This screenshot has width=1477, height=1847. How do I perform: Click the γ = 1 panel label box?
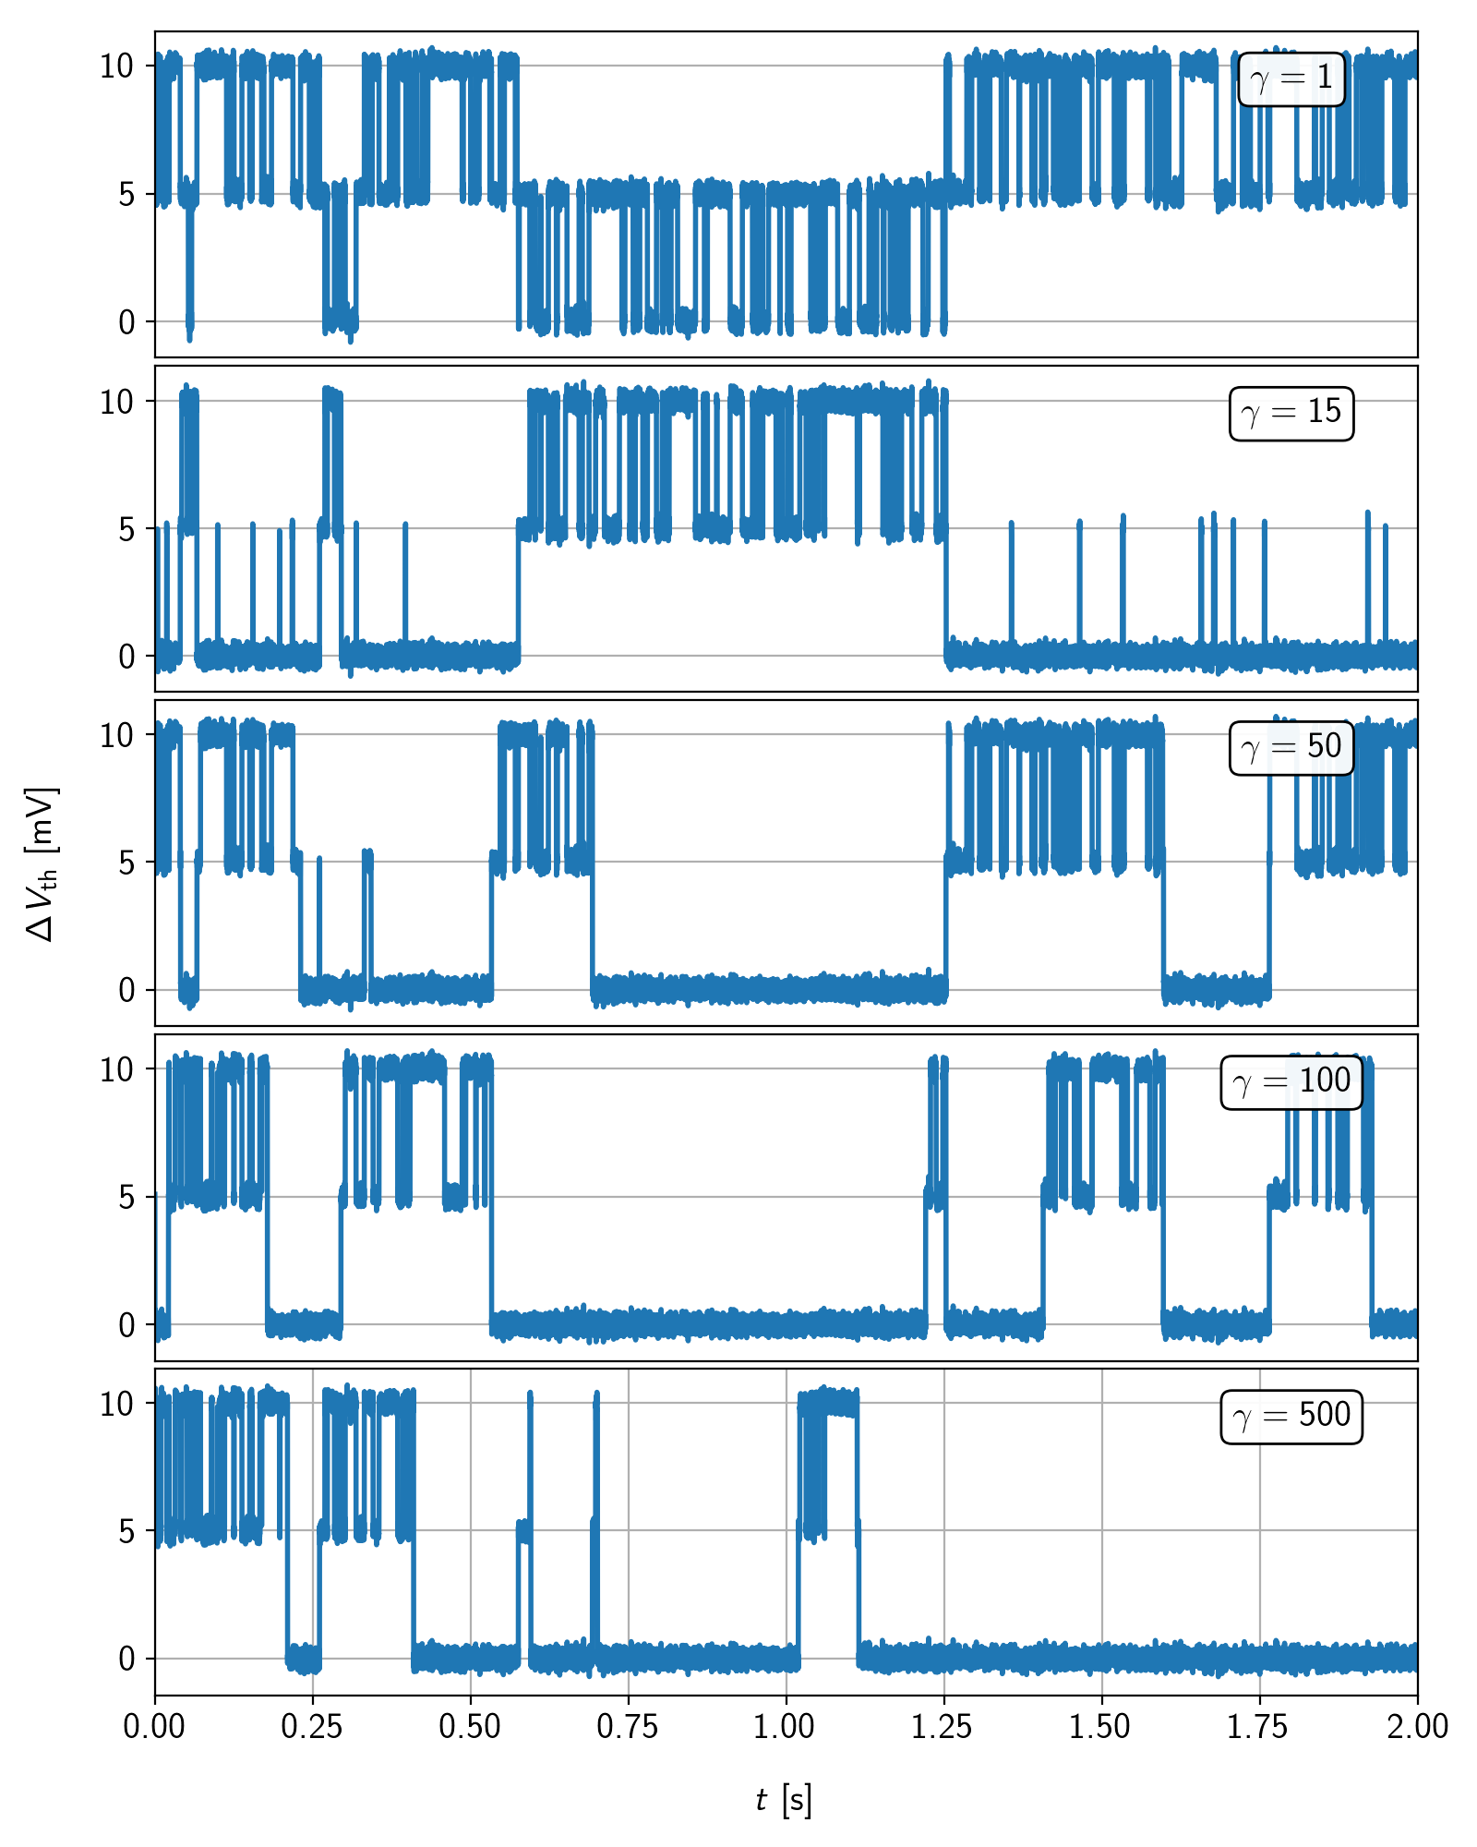[1291, 79]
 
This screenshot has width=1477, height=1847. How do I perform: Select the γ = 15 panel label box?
[1291, 413]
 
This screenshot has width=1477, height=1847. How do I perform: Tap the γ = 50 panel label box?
[1291, 747]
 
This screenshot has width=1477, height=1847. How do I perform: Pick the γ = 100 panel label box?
[1291, 1081]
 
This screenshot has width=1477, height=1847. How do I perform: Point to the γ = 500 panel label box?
[1291, 1416]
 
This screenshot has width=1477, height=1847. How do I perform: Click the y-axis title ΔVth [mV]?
[42, 863]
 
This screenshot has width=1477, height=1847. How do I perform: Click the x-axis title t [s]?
[785, 1800]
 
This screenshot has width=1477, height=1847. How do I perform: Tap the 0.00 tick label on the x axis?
[154, 1727]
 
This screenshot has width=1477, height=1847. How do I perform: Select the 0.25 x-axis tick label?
[312, 1727]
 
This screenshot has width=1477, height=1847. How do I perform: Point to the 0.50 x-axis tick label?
[470, 1727]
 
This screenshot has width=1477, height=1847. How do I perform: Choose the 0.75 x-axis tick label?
[628, 1727]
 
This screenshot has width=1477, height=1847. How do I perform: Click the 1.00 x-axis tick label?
[786, 1727]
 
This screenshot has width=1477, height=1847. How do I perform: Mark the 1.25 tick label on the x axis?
[943, 1727]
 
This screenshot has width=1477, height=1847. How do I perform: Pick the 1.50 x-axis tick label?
[1101, 1727]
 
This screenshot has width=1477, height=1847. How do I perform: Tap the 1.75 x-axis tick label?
[1259, 1727]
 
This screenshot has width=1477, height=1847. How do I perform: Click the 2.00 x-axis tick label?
[1417, 1727]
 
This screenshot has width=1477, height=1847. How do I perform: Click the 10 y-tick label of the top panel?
[117, 66]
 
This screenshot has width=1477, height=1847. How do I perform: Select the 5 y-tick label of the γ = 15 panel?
[126, 529]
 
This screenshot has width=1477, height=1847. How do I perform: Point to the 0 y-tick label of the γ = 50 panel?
[126, 991]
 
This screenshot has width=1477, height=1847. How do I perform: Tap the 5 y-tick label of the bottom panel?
[126, 1531]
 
